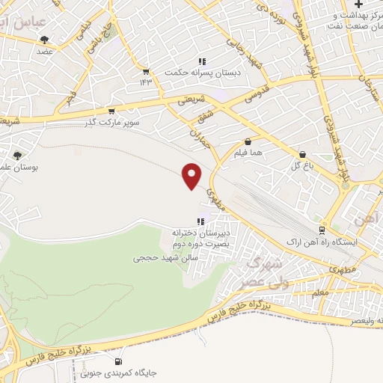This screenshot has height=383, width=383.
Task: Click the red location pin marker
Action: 192,175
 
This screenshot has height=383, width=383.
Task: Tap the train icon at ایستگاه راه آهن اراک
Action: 322,230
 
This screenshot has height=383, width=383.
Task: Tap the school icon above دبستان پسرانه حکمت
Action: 200,61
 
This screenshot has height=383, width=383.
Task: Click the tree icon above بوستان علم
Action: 17,156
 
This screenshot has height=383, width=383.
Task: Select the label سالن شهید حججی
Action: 161,257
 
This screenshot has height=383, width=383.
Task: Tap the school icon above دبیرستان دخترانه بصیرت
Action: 200,221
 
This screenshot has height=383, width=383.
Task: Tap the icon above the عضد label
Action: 44,40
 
